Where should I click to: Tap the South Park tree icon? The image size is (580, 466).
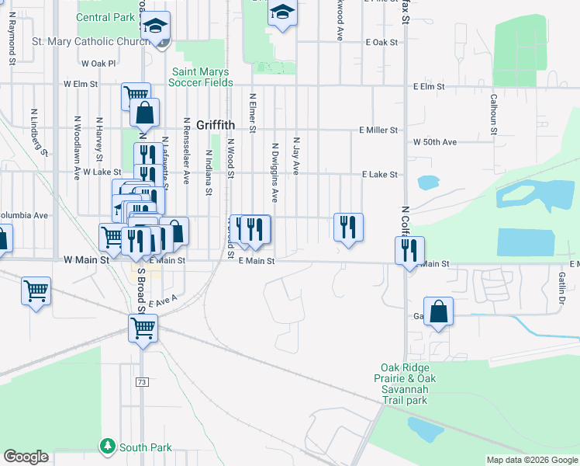pyautogui.click(x=107, y=447)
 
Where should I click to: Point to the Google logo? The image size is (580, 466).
pyautogui.click(x=26, y=457)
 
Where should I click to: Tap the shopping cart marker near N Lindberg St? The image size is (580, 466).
pyautogui.click(x=36, y=291)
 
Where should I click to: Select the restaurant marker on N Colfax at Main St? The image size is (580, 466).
pyautogui.click(x=409, y=250)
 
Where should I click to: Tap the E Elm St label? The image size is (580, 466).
pyautogui.click(x=429, y=87)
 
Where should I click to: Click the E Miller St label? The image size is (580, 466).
pyautogui.click(x=378, y=130)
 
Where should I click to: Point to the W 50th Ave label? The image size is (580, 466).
pyautogui.click(x=435, y=142)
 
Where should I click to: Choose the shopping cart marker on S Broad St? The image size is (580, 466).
pyautogui.click(x=143, y=327)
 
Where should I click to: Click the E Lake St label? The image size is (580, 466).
pyautogui.click(x=380, y=176)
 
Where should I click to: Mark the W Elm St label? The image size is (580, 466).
pyautogui.click(x=81, y=83)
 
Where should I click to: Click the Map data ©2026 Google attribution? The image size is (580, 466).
pyautogui.click(x=532, y=460)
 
